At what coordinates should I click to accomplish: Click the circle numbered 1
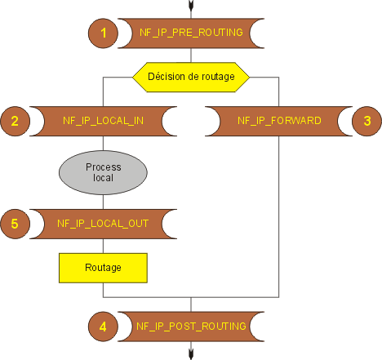point(103,33)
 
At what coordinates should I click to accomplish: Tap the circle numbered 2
point(16,121)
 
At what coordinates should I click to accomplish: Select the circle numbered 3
point(366,121)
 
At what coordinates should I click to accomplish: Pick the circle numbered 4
point(103,327)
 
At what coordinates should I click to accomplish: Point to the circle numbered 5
point(16,224)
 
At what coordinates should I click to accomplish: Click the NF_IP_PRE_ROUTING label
point(191,33)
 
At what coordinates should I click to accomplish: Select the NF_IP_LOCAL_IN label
point(103,121)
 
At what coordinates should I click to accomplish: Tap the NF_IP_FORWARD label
point(279,121)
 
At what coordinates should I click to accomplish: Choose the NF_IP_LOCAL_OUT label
point(103,224)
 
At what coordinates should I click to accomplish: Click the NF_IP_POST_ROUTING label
point(191,327)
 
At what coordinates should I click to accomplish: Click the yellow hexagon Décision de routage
point(191,77)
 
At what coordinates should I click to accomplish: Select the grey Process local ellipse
point(103,172)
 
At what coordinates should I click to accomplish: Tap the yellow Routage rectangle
point(103,268)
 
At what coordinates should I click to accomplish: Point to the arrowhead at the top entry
point(191,6)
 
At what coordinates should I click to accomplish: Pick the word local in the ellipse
point(103,178)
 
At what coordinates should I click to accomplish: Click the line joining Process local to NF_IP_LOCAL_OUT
point(103,202)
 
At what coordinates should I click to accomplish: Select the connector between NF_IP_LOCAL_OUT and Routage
point(103,247)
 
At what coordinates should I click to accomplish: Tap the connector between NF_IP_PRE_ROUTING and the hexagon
point(191,56)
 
